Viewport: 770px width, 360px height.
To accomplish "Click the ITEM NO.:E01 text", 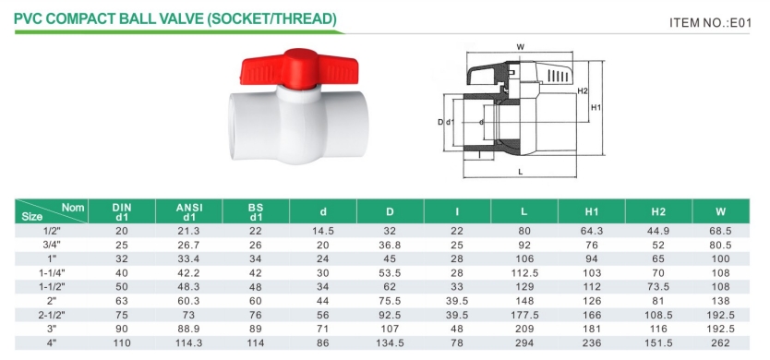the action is tap(710, 22).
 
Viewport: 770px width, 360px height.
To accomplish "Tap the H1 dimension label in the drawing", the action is tap(596, 108).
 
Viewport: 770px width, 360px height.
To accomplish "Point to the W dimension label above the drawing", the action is tap(521, 47).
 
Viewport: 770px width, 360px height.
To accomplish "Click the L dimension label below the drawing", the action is tap(520, 172).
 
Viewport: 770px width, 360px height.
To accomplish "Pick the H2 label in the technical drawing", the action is tap(583, 90).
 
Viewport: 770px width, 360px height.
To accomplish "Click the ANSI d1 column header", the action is tap(189, 211).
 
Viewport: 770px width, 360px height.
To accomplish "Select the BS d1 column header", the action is tap(256, 211).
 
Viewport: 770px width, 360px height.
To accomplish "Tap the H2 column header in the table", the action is tap(658, 212).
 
